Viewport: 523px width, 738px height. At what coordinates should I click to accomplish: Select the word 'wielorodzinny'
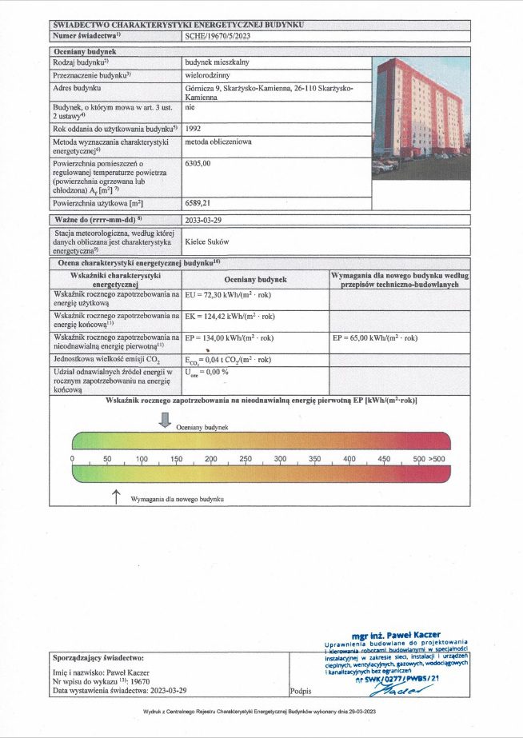coord(207,74)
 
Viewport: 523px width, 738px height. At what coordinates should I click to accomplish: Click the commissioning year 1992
coord(194,128)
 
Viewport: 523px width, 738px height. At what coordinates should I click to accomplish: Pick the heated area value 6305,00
coord(198,163)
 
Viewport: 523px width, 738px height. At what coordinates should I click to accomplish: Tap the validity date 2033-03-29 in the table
coord(207,219)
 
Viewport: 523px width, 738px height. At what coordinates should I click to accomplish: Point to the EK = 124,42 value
coord(233,317)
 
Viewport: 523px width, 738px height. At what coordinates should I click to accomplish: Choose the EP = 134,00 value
coord(233,338)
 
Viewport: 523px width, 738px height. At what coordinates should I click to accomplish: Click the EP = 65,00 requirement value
coord(374,338)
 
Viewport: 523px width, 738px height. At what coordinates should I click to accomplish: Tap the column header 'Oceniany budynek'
coord(255,280)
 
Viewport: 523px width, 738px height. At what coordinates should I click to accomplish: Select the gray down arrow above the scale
coord(165,420)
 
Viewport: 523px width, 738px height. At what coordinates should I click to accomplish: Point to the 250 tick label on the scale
coord(246,459)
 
